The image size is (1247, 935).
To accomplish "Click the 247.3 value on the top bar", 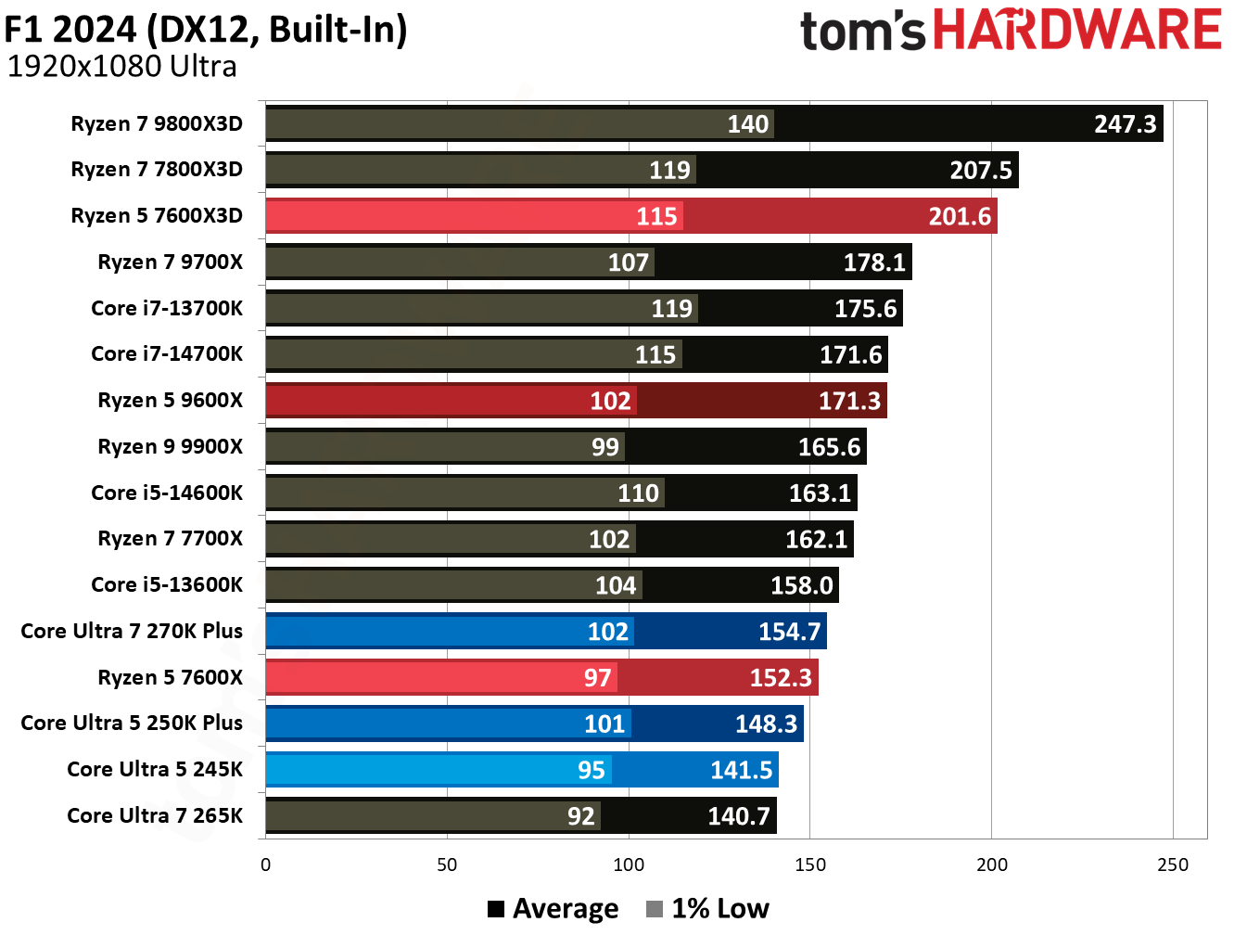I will (x=1125, y=124).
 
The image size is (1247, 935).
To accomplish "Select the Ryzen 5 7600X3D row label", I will (x=157, y=215).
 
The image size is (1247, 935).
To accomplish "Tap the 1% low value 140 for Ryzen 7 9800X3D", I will (x=747, y=124).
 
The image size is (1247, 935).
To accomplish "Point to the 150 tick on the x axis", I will (x=809, y=865).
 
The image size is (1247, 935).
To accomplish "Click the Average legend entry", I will (x=554, y=908).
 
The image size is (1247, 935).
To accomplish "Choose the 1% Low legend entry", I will (x=708, y=908).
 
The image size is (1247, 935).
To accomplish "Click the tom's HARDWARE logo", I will (x=1011, y=31).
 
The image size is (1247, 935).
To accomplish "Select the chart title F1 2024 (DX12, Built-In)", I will (x=206, y=30).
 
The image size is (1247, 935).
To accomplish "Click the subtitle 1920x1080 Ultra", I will (x=121, y=67).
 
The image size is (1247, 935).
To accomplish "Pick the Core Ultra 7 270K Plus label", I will (x=132, y=631).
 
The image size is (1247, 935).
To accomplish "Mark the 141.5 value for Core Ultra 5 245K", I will (x=741, y=770).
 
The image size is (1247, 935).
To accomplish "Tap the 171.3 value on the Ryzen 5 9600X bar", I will (x=849, y=401).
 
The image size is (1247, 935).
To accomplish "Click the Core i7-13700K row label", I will (x=167, y=308).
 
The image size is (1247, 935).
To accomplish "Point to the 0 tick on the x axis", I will (x=266, y=865).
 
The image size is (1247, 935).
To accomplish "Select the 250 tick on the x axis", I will (x=1172, y=865).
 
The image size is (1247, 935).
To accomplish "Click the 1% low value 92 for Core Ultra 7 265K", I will (x=580, y=816).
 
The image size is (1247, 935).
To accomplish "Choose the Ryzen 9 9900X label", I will (x=170, y=446).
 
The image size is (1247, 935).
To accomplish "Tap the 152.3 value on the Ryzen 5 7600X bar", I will (x=781, y=678).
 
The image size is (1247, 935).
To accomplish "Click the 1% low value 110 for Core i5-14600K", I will (x=638, y=493).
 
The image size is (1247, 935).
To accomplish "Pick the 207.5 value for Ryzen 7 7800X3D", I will (x=981, y=171).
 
